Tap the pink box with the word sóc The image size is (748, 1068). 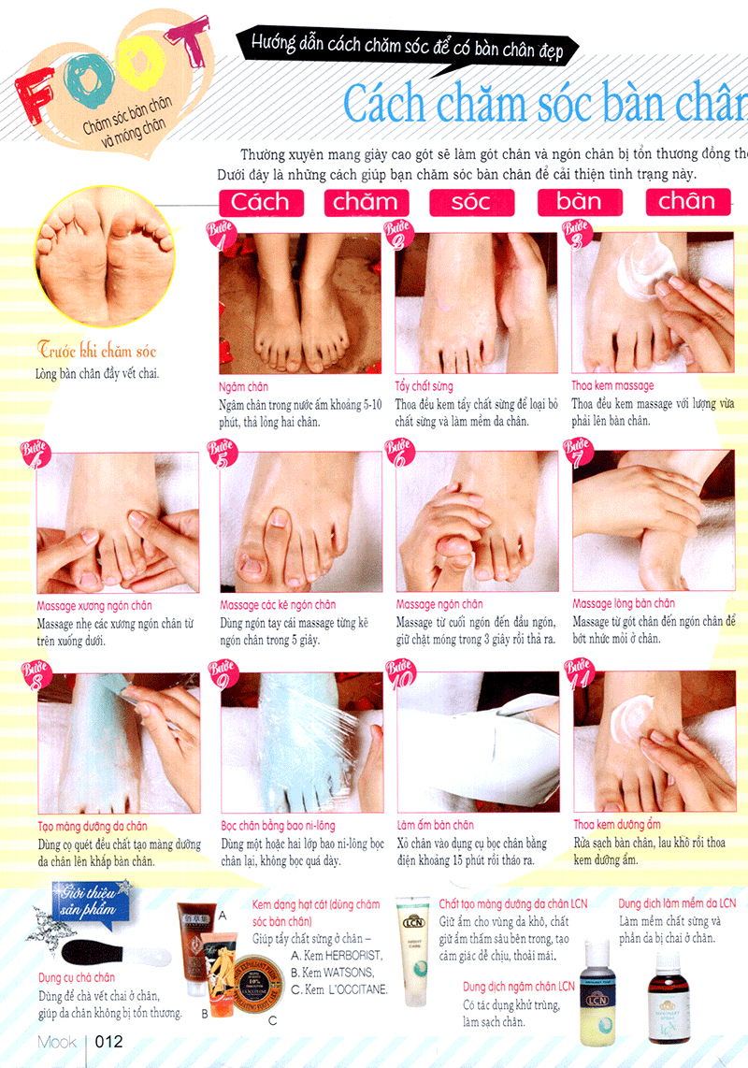click(x=471, y=202)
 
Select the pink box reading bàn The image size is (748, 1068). click(x=579, y=202)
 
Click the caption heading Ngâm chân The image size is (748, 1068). click(x=245, y=386)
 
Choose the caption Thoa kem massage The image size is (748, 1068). click(x=612, y=385)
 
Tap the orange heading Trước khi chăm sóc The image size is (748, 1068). click(x=97, y=351)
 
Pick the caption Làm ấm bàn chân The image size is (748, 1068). click(x=435, y=825)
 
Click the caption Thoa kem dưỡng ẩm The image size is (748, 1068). click(x=617, y=825)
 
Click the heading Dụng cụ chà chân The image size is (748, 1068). click(x=77, y=978)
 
